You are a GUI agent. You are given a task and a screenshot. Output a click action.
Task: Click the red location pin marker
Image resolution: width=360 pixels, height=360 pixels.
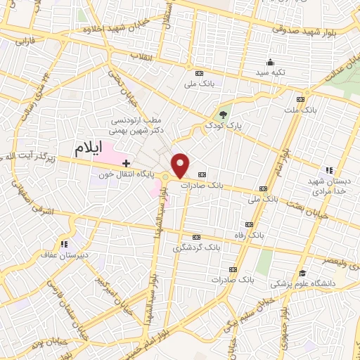pyautogui.click(x=181, y=165)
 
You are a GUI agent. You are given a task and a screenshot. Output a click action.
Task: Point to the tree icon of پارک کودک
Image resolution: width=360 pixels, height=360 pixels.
pyautogui.click(x=223, y=114)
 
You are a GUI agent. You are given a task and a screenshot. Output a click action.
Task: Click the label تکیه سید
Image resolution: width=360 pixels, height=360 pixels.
pyautogui.click(x=270, y=73)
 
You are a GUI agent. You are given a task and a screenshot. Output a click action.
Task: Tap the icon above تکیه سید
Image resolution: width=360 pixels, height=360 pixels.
pyautogui.click(x=269, y=62)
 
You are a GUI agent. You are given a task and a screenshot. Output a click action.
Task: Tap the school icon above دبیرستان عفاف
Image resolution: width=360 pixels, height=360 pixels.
pyautogui.click(x=65, y=244)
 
